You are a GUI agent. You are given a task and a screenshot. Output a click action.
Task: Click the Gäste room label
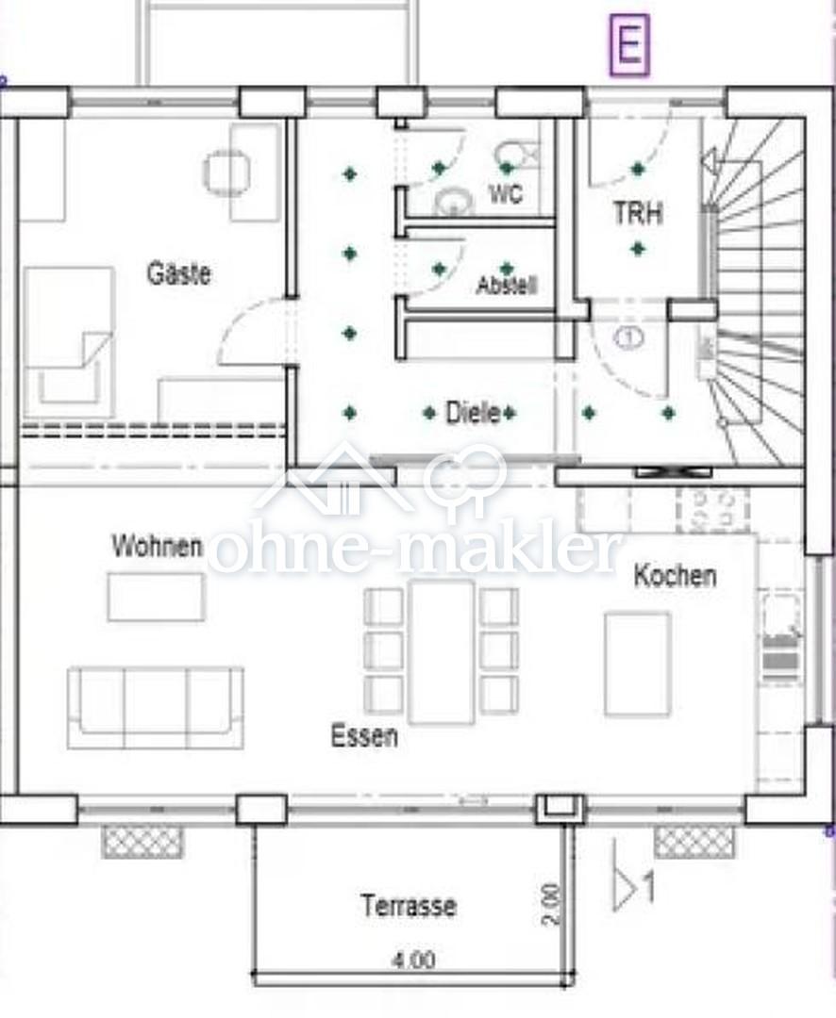coord(178,272)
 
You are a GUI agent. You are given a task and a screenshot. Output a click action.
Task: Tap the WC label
coord(505,193)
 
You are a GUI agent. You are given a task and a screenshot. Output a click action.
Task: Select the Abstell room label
coord(507,285)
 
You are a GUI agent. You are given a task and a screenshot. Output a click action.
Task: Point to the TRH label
coord(638,213)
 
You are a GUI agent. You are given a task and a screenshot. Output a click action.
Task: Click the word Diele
coord(473,413)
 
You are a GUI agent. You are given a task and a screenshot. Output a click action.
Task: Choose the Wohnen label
coord(158,546)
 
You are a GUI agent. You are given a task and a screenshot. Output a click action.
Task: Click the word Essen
coord(364,735)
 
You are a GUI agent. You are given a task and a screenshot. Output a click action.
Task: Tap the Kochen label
coord(676,576)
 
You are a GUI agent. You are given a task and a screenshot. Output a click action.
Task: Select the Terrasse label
coord(409,905)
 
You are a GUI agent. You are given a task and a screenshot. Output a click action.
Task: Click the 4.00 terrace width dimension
coord(413,960)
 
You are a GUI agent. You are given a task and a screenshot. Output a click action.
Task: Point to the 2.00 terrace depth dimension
coord(550,904)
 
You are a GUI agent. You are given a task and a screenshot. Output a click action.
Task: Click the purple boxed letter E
coord(629,44)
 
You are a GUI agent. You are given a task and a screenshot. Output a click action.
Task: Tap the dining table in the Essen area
coord(442,652)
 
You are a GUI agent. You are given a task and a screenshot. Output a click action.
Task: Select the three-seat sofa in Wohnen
coord(156,708)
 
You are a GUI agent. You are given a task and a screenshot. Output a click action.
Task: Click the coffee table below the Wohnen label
coord(156,598)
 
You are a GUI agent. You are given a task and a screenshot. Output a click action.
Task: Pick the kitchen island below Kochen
coord(637,664)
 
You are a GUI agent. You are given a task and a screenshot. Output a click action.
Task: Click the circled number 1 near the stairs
coord(628,337)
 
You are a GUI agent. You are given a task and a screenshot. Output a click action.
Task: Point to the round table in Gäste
coord(226,172)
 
